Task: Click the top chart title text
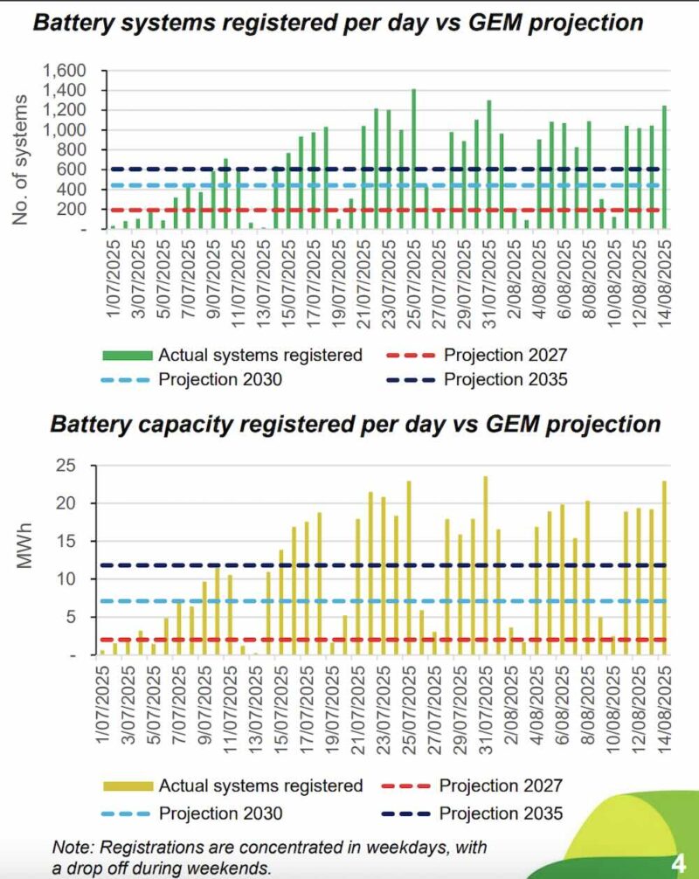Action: (337, 23)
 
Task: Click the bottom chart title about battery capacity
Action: (355, 425)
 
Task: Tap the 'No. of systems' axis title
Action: (21, 163)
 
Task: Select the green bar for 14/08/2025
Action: (663, 166)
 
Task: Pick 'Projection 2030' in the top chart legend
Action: (220, 380)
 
